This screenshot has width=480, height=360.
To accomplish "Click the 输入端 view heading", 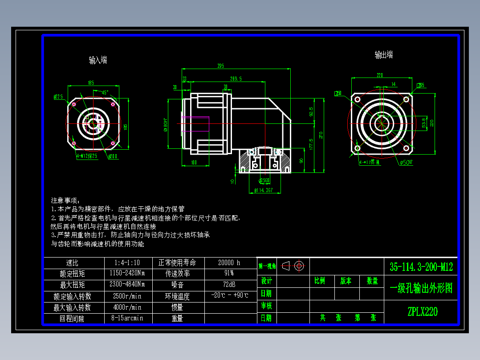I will coord(98,60).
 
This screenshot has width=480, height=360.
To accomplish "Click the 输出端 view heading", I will coord(383,55).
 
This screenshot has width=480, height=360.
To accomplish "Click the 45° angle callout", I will coord(106,92).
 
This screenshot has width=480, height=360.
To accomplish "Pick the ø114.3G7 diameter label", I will coord(263,191).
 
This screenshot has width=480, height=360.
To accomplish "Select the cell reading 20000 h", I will coord(230,263).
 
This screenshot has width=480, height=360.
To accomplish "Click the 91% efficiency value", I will coord(229,273).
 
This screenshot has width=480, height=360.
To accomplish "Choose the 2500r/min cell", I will coord(127,296).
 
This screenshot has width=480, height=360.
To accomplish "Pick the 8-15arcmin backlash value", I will coord(127,318).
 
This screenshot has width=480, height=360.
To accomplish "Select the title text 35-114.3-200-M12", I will coord(421,267).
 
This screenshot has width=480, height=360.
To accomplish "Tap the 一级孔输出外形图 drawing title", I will coord(421,289).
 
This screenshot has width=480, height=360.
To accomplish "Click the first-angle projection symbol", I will coord(293,266).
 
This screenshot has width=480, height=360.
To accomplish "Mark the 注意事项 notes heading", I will coord(65,200).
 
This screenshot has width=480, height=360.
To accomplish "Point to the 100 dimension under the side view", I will coord(194,163).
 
